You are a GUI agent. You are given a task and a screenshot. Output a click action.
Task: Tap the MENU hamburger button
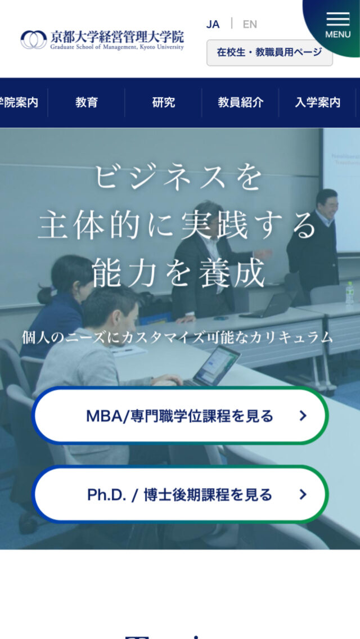click(337, 25)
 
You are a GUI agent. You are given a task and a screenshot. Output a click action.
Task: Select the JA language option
click(213, 24)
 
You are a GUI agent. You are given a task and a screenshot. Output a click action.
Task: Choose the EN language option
click(250, 24)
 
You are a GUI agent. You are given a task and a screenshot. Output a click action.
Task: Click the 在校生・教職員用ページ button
click(269, 52)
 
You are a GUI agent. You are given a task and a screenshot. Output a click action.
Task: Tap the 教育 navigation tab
click(87, 102)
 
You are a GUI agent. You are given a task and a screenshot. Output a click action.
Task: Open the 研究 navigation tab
click(164, 102)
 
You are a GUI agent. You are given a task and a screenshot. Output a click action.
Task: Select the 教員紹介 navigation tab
click(240, 102)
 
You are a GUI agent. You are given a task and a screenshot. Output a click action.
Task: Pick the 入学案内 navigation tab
click(318, 102)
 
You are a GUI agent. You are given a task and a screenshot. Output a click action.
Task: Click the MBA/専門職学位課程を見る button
click(180, 416)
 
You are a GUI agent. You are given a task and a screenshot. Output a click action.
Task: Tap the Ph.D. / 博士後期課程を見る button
click(180, 494)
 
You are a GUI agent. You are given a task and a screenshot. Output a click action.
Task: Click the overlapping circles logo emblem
click(34, 39)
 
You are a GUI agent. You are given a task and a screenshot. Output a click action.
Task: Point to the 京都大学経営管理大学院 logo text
click(117, 37)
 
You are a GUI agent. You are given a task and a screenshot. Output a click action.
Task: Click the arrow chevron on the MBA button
click(303, 416)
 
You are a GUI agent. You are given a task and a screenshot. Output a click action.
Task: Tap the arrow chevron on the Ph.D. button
click(303, 494)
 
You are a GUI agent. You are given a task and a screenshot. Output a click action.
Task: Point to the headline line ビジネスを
click(179, 177)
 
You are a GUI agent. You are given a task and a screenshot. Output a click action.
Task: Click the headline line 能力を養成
click(179, 273)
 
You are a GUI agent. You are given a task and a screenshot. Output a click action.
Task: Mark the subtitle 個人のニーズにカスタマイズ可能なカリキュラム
click(178, 337)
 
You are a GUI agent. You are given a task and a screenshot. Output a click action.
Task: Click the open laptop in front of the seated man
click(217, 366)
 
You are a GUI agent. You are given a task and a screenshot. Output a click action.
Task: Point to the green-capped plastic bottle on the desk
click(350, 294)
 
